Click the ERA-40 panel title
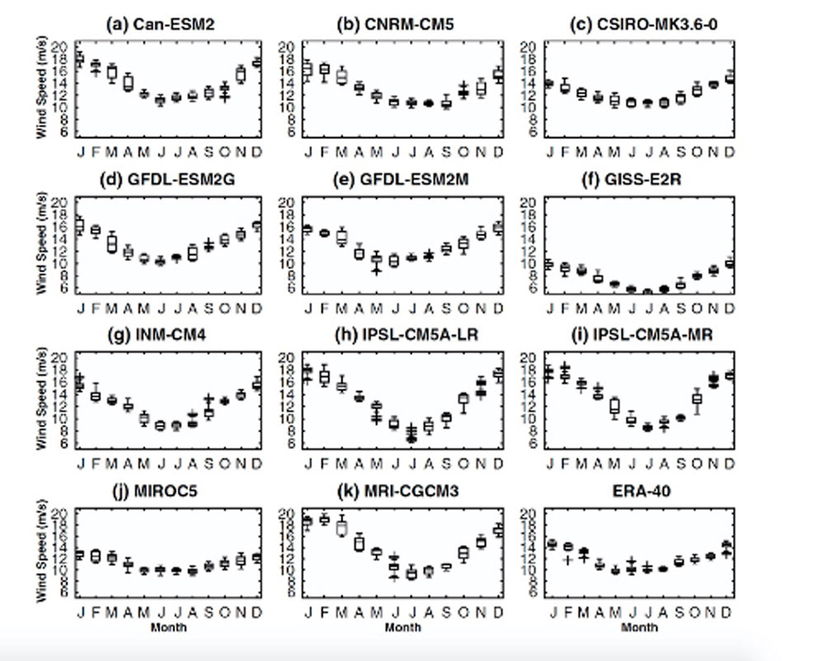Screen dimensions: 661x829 coord(635,491)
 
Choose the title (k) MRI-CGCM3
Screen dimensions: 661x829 coord(400,491)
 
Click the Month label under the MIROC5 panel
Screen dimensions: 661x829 coord(168,627)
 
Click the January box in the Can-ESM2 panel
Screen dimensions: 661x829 coord(79,59)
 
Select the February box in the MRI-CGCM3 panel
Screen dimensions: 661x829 coord(324,519)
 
